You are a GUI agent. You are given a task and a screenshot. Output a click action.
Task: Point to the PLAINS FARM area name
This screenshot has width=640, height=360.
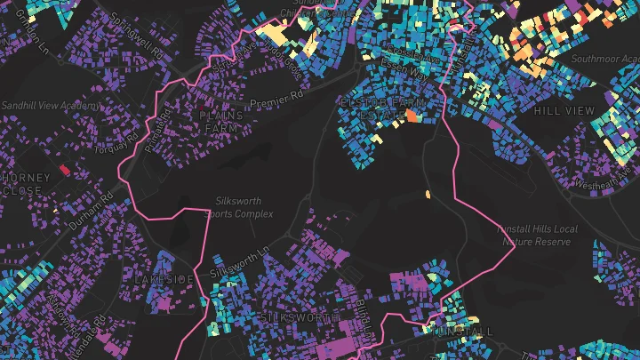coord(220,121)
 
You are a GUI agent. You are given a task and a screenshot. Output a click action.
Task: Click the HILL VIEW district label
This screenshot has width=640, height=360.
coord(564,110)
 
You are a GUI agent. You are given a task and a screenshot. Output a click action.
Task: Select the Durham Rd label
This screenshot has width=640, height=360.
coord(90,206)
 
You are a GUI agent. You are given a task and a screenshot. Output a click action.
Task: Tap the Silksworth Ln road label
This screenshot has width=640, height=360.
coord(238,261)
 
